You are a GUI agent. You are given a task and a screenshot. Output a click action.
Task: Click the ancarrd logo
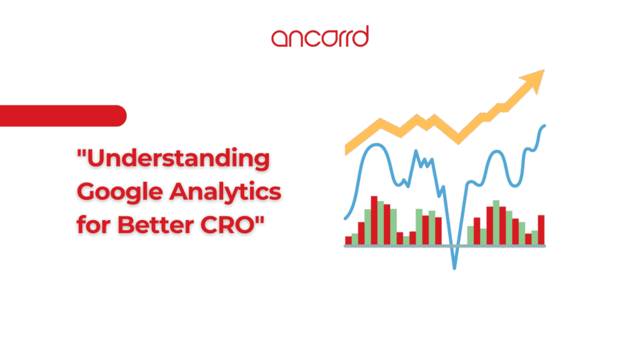click(320, 37)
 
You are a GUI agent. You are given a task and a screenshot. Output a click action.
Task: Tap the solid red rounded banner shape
click(63, 116)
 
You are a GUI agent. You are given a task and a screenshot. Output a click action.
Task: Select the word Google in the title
click(120, 192)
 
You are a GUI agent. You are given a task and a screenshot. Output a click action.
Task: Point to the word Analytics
click(225, 192)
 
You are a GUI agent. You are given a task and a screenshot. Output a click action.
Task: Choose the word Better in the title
click(156, 224)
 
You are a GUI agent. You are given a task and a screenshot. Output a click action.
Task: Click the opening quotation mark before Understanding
click(82, 154)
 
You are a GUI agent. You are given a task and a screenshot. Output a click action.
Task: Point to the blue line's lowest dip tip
click(454, 267)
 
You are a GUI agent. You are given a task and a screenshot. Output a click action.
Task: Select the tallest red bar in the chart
click(374, 221)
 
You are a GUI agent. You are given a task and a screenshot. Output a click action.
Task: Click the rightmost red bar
click(541, 230)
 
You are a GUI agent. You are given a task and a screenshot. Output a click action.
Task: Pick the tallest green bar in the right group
click(496, 222)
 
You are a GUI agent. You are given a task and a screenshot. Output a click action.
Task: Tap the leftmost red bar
click(348, 241)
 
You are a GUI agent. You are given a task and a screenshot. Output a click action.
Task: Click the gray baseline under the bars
click(445, 246)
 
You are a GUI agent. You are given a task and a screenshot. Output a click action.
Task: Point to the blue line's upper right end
click(544, 126)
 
